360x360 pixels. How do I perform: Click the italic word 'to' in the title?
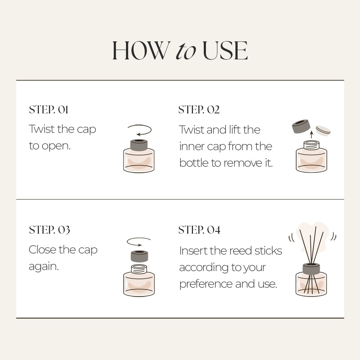(x=185, y=51)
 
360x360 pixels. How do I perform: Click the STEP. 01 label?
(x=49, y=109)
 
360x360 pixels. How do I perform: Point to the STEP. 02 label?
(x=199, y=109)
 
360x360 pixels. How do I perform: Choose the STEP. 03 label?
(x=49, y=230)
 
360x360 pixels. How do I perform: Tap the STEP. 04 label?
(x=199, y=230)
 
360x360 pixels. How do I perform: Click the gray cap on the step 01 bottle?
(x=139, y=145)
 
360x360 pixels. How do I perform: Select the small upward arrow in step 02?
(x=311, y=135)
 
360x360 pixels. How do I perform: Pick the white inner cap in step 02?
(x=323, y=130)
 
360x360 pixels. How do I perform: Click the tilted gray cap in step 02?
(x=301, y=126)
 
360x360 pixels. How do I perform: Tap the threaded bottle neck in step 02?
(x=311, y=145)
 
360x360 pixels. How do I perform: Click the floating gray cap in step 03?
(x=139, y=256)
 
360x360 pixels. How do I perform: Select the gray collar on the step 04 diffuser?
(x=311, y=269)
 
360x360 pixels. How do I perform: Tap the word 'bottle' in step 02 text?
(x=194, y=163)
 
